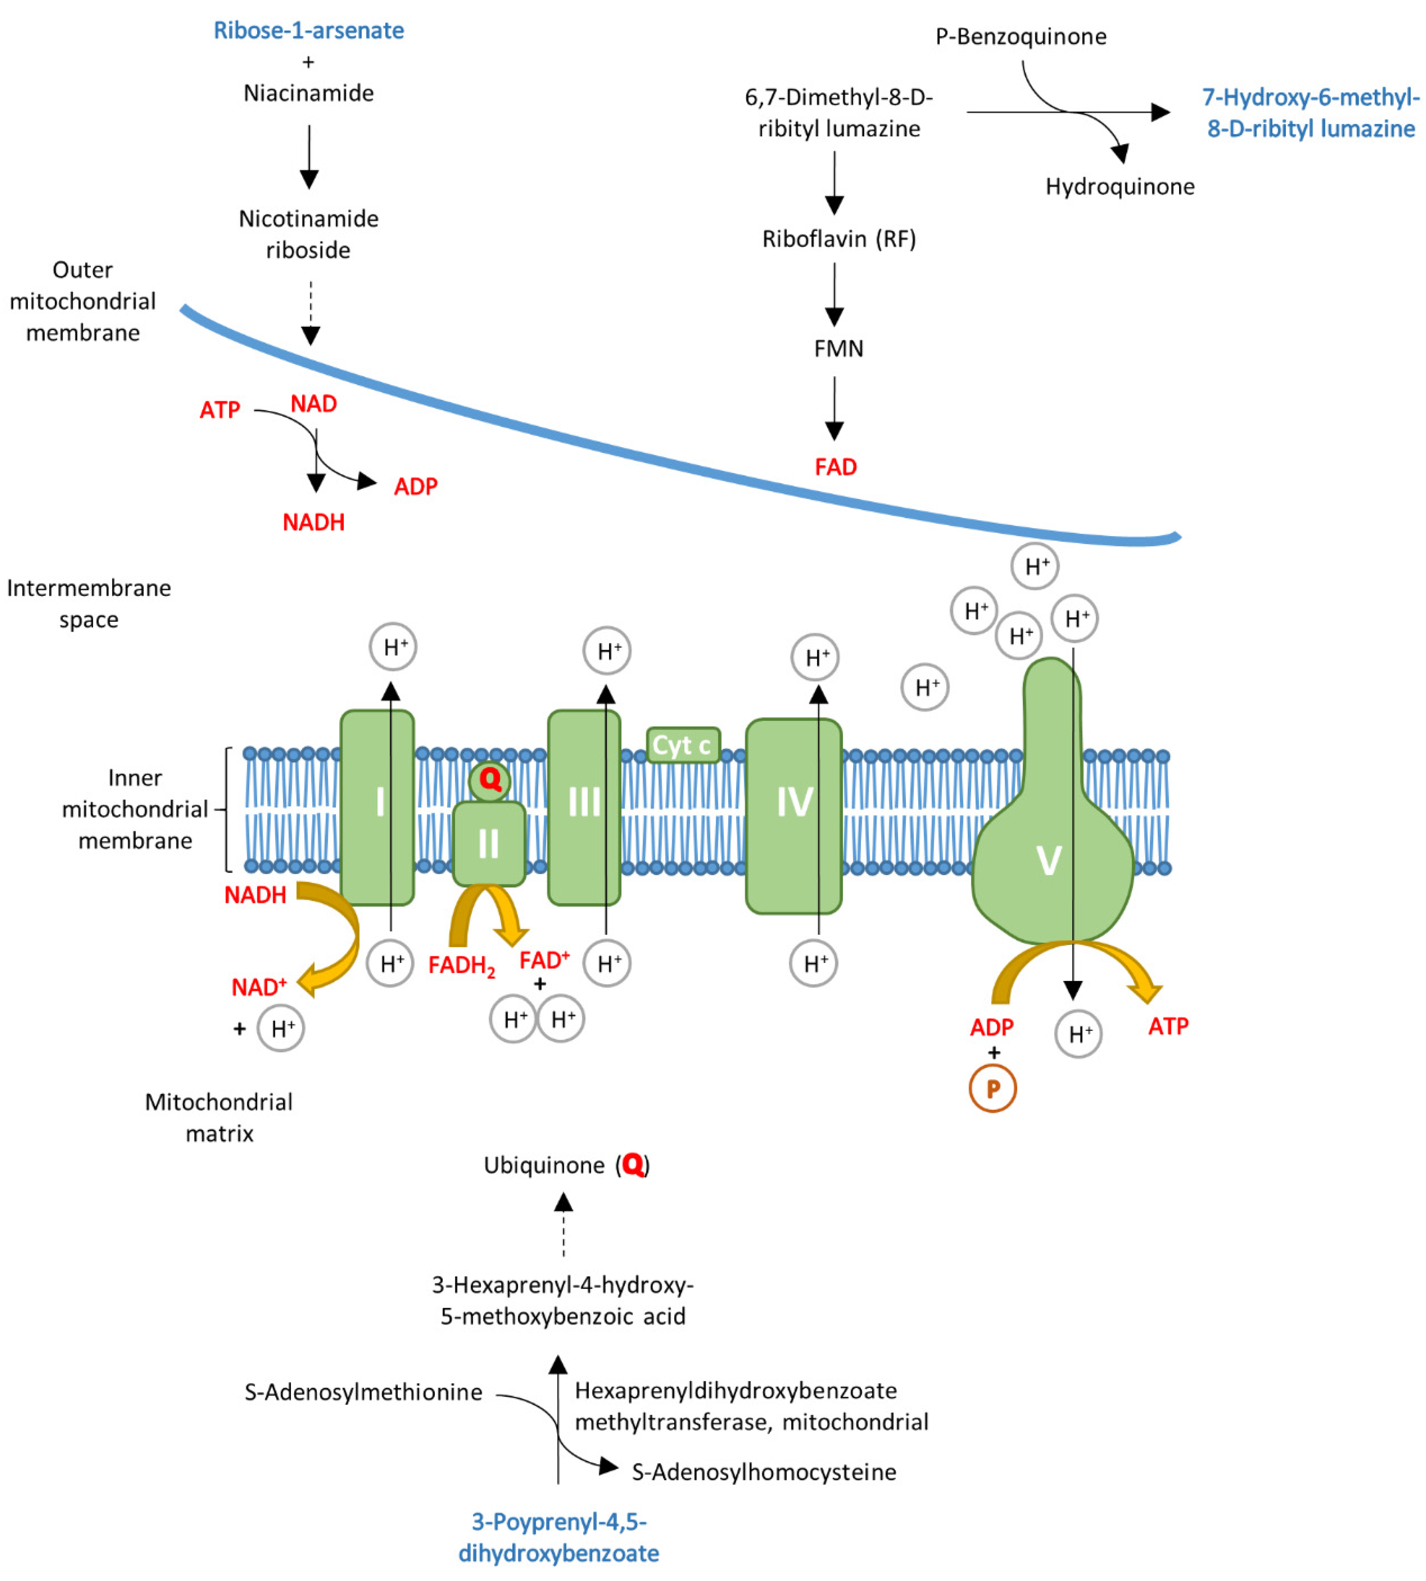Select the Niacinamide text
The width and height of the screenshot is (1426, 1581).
coord(309,93)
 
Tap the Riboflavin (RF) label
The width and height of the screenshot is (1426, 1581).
coord(839,239)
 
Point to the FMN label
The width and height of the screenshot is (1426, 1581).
coord(838,349)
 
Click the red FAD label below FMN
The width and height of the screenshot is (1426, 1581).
coord(836,467)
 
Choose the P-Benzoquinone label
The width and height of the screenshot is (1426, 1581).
coord(1021,37)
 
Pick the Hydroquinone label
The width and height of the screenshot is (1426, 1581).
coord(1120,187)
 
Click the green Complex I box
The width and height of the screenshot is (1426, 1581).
coord(378,807)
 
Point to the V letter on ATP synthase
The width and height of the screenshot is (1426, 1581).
coord(1049,860)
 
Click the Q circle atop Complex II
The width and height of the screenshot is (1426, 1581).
coord(490,780)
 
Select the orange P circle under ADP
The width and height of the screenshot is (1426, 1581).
coord(993,1088)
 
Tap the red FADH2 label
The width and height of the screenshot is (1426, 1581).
coord(462,966)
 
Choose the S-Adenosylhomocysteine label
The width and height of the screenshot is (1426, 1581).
coord(764,1472)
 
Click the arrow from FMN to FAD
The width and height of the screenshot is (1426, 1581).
coord(835,408)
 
